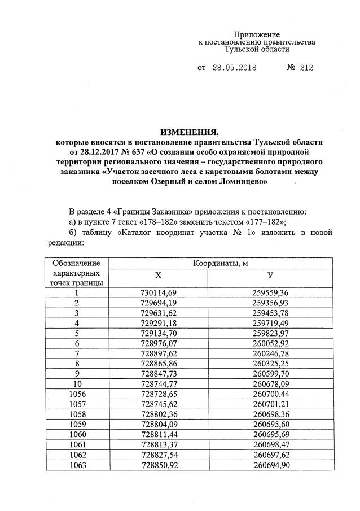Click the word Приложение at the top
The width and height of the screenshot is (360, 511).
tap(257, 35)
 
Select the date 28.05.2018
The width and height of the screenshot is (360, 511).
tap(234, 68)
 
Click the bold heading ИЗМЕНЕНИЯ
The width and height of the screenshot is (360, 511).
tap(187, 132)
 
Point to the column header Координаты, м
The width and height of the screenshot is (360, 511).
tap(218, 263)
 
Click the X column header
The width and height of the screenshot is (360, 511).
tap(158, 274)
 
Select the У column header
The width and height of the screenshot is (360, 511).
tap(271, 274)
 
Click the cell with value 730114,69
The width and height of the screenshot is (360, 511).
tap(158, 292)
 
